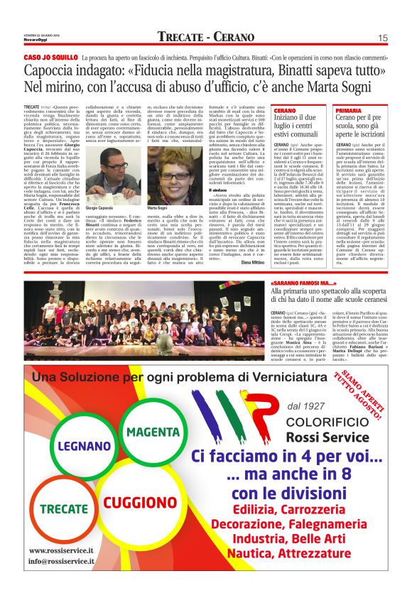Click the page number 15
(x=382, y=38)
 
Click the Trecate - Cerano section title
(x=205, y=37)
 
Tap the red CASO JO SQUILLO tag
(x=50, y=56)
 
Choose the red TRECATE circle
(x=63, y=509)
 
